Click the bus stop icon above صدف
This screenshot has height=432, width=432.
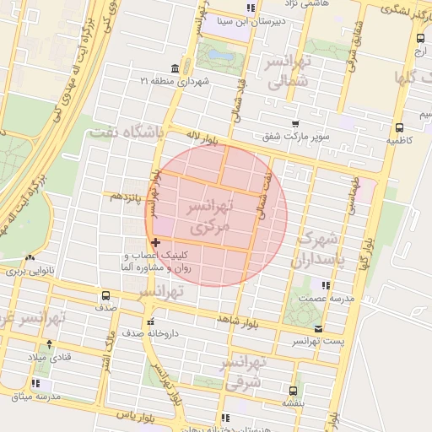(x=105, y=296)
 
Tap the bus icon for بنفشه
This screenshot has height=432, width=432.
(x=293, y=391)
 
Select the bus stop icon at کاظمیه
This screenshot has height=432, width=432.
(x=398, y=128)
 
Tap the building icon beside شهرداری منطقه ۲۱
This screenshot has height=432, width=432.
(x=175, y=68)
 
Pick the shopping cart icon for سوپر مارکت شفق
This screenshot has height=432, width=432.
(x=294, y=123)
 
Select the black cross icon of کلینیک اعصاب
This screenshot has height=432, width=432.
(x=155, y=243)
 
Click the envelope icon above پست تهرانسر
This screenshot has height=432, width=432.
(x=317, y=329)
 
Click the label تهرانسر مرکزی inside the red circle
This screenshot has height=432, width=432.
(x=206, y=217)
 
